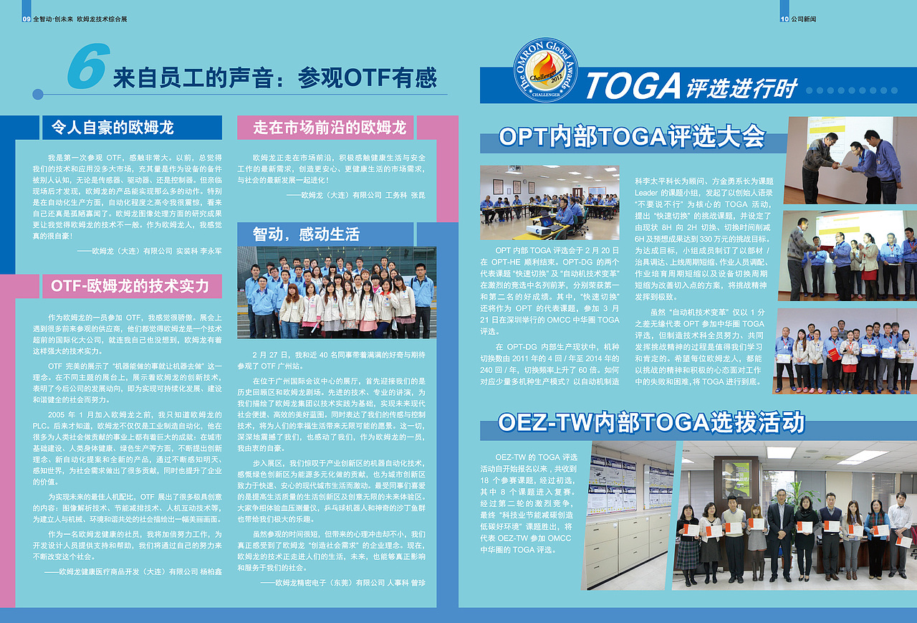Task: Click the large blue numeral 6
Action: click(88, 67)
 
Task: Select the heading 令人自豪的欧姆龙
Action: click(113, 128)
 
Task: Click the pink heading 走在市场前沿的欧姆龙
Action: click(330, 128)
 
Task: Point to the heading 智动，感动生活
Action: click(306, 234)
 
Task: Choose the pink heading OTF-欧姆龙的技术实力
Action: click(130, 286)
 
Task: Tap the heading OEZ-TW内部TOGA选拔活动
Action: click(651, 422)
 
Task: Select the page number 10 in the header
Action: click(784, 19)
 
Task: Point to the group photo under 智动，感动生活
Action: click(337, 293)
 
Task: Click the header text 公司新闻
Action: click(805, 19)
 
